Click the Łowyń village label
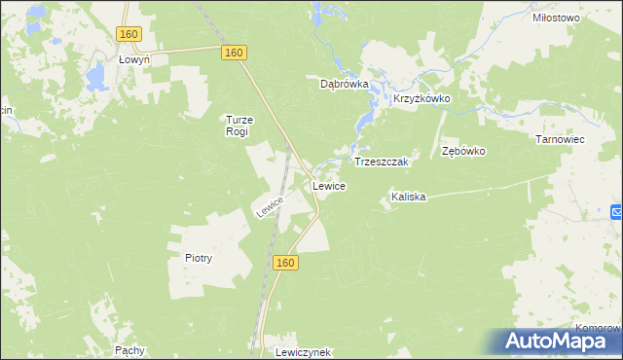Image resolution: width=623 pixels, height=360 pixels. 133,59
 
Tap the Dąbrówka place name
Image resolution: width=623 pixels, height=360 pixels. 345,84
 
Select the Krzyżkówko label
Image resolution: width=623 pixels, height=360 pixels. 421,99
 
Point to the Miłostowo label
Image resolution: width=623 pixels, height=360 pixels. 557,18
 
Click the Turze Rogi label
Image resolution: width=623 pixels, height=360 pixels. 238,126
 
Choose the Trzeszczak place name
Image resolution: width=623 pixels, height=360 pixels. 385,161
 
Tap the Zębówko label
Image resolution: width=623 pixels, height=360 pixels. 463,152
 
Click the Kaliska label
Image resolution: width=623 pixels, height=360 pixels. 409,197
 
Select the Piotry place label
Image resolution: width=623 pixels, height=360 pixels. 198,259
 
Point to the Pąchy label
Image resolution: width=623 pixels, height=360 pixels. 129,349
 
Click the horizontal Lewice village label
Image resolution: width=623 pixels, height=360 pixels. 329,185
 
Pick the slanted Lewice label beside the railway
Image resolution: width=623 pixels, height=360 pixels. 270,206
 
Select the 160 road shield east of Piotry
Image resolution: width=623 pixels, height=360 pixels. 284,263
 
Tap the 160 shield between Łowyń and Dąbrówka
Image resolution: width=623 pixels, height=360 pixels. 232,52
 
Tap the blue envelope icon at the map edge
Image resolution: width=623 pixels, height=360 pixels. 617,212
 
